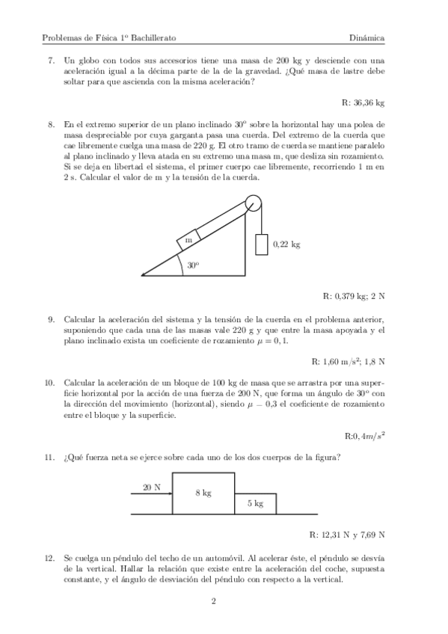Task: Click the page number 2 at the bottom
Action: pos(213,600)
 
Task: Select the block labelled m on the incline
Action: pos(188,240)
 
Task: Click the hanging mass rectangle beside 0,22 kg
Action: pos(262,244)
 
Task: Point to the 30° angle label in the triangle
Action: pos(193,265)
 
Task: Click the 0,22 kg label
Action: pos(286,244)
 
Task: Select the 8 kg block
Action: pos(203,493)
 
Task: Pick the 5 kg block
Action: pos(255,503)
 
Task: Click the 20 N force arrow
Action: pos(153,494)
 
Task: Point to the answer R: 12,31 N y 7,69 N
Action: pos(347,535)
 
